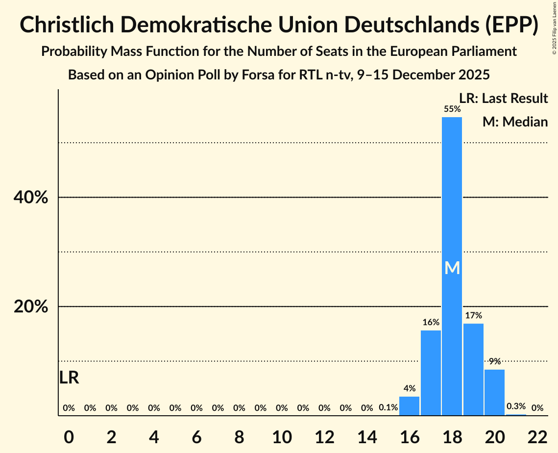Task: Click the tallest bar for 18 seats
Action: point(452,196)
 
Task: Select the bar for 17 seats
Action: point(431,373)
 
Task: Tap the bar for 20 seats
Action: point(494,392)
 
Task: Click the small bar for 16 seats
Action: point(409,406)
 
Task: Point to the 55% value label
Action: point(452,109)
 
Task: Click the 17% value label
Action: point(473,315)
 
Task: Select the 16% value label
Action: point(431,322)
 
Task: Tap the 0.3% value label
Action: point(516,406)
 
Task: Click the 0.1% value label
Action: point(388,407)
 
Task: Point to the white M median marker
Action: point(452,268)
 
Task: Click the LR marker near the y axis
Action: point(69,377)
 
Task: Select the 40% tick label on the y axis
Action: point(30,198)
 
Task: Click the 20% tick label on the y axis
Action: point(30,307)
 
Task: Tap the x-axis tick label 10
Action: point(282,438)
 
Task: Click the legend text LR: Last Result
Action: point(503,99)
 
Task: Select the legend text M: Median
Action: point(515,122)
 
